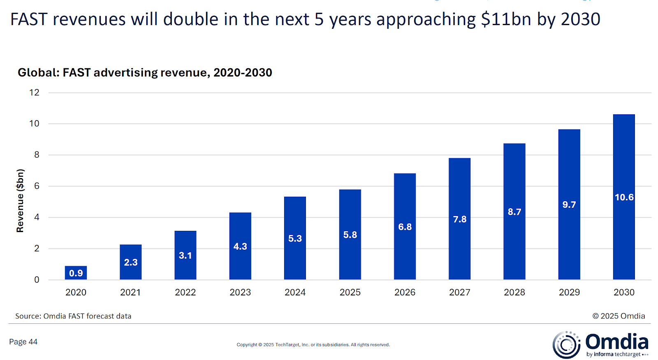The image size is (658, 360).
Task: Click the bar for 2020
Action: pos(76,273)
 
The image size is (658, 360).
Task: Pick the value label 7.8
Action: pos(460,219)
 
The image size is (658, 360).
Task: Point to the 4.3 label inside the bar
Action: pos(240,246)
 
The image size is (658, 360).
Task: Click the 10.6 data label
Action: pos(624,197)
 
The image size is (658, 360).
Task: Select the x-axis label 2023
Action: pos(240,292)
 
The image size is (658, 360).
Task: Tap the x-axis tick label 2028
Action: pos(514,292)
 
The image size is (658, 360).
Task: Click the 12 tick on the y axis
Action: pos(34,93)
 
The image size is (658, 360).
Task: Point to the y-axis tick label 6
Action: pos(37,186)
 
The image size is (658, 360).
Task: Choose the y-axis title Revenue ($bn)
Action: pos(20,201)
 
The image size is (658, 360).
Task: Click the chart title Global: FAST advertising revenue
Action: pos(145,72)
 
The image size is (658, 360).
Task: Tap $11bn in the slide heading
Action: pos(506,19)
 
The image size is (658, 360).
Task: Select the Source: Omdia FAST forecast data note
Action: pos(73,316)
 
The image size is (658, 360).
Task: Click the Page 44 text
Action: pos(23,342)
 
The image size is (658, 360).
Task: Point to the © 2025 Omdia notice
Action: pos(619,316)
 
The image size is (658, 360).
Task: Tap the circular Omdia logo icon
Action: pos(566,344)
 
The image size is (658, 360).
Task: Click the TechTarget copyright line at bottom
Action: pos(313,345)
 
